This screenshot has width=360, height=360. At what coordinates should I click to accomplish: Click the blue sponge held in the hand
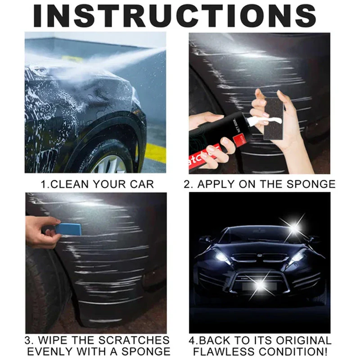click(x=68, y=229)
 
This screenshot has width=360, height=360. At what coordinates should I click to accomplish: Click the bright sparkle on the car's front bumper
click(x=259, y=284)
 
